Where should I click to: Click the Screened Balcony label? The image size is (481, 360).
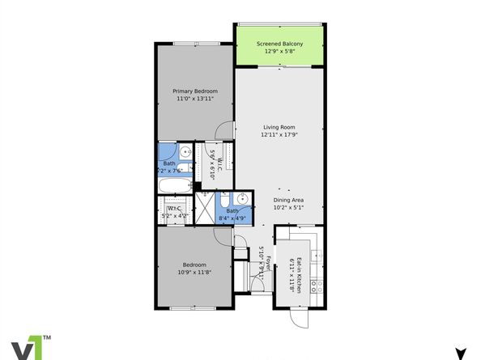click(x=281, y=44)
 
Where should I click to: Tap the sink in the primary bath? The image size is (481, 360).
click(x=185, y=151)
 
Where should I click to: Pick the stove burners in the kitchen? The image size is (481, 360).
click(x=320, y=286)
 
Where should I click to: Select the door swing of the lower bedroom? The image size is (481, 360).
click(x=222, y=235)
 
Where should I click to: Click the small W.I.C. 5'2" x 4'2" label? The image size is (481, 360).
click(x=174, y=212)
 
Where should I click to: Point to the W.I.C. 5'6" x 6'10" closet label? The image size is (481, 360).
click(x=215, y=163)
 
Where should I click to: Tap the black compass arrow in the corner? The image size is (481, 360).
click(x=460, y=354)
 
